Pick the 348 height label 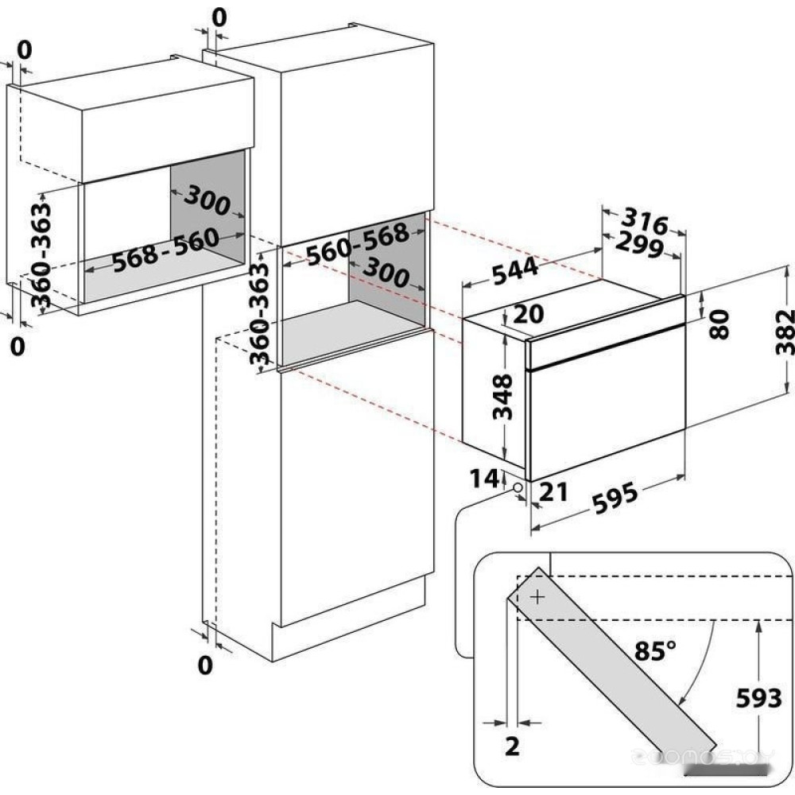(503, 397)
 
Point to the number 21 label (553, 492)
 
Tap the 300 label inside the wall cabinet (207, 203)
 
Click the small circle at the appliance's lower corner (518, 487)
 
